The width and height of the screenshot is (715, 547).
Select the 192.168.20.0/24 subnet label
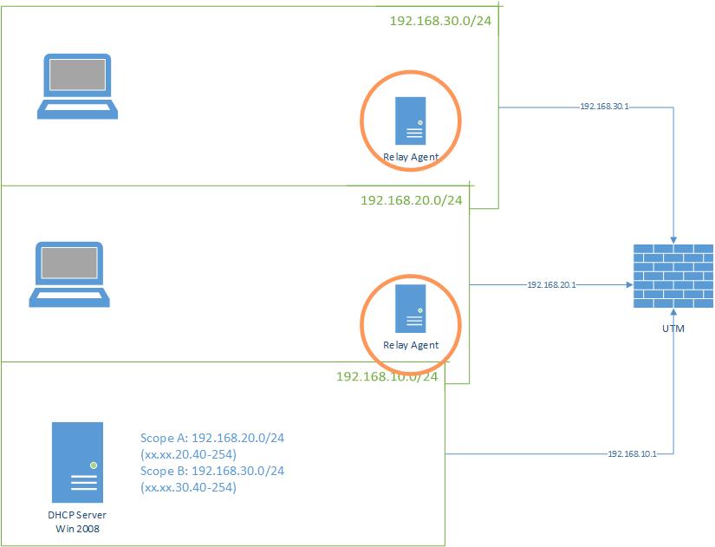point(411,200)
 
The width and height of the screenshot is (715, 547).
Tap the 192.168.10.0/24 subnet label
point(387,376)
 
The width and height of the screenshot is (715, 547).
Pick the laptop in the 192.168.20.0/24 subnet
point(70,275)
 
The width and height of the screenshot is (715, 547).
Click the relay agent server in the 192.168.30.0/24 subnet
point(411,120)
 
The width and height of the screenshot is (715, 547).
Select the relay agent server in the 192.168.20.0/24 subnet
point(411,308)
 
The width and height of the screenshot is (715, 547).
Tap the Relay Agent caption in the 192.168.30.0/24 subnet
point(411,157)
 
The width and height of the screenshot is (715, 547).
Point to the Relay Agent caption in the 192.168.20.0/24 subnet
point(411,345)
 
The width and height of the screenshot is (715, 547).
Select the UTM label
point(673,328)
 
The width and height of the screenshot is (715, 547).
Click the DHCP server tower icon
point(77,462)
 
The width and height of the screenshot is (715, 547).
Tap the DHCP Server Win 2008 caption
point(77,521)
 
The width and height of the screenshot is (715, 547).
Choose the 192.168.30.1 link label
point(603,107)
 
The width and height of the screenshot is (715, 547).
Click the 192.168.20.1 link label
point(551,283)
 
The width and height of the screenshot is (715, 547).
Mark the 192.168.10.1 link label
point(631,453)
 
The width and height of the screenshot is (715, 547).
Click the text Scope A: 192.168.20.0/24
point(212,438)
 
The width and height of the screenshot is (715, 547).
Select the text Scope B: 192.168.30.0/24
point(212,471)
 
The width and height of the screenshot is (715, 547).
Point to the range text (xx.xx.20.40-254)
point(188,454)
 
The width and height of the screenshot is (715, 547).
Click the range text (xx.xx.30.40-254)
point(188,487)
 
